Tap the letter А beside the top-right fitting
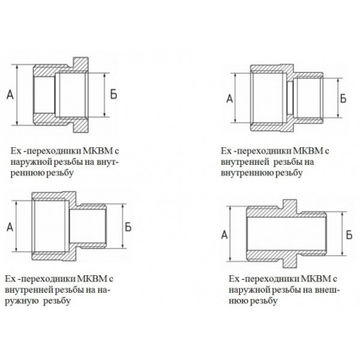point(230,98)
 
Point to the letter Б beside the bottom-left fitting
point(129,226)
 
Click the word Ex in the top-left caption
point(15,150)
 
